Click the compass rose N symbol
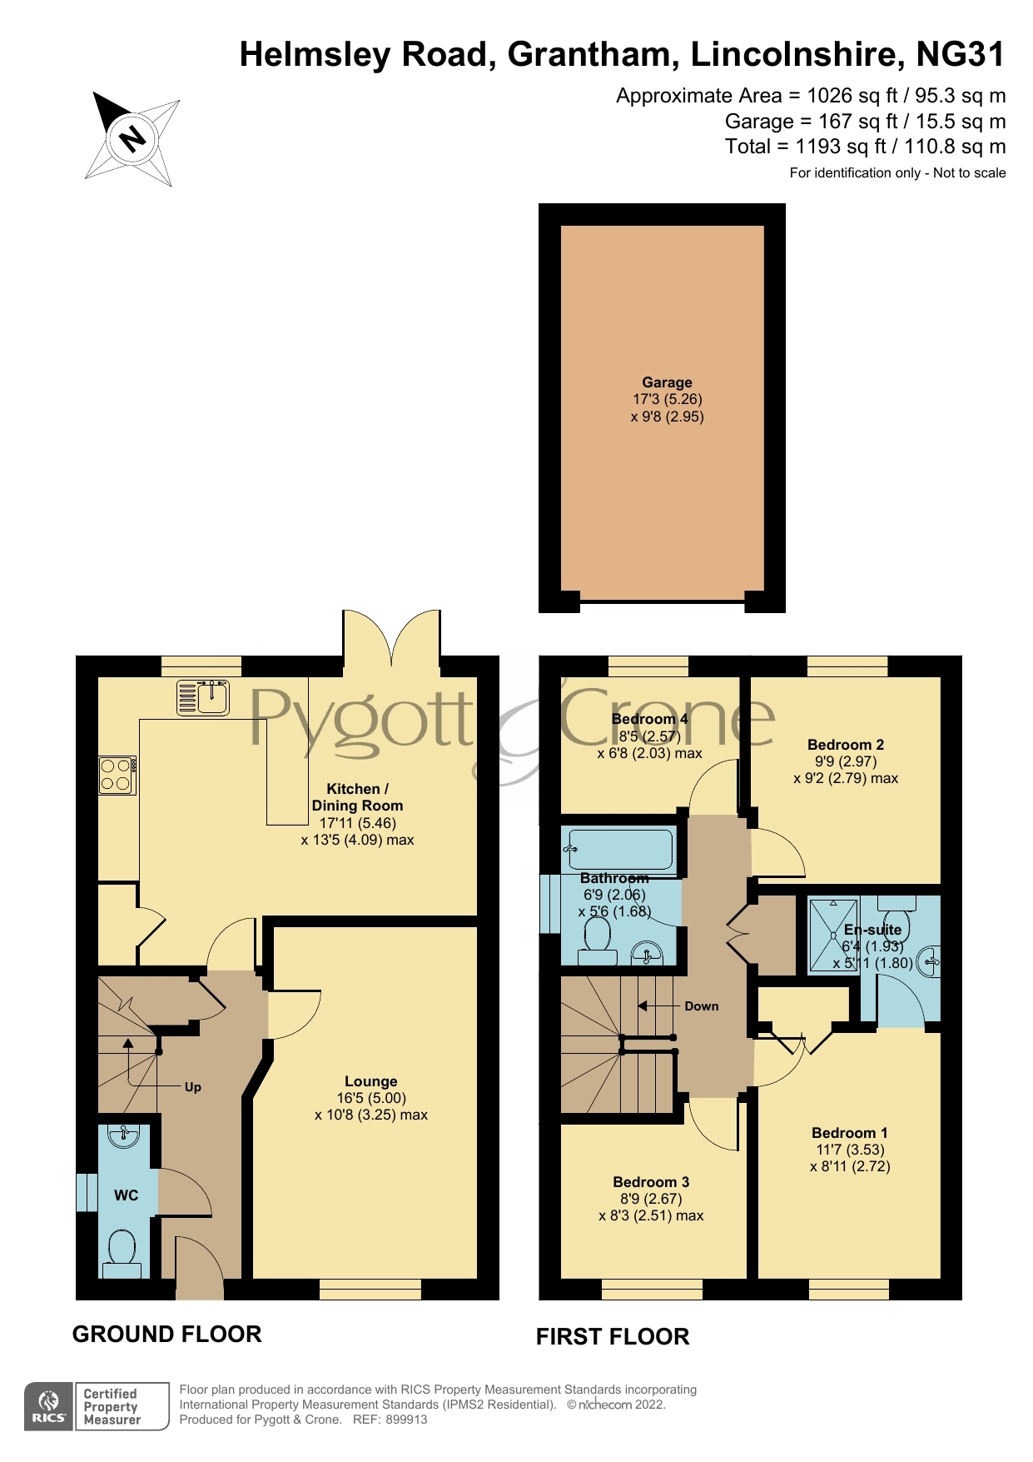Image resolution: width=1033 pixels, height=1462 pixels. (x=132, y=138)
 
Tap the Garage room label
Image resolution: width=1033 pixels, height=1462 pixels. (x=667, y=382)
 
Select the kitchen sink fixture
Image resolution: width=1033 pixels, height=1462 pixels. (x=202, y=697)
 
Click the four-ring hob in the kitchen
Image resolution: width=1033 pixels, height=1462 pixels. (x=117, y=775)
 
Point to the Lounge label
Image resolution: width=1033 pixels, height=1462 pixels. (x=371, y=1081)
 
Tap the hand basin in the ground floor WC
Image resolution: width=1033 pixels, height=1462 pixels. (x=124, y=1135)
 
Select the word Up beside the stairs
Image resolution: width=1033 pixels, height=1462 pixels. (x=193, y=1087)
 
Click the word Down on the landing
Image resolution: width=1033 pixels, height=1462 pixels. (x=702, y=1006)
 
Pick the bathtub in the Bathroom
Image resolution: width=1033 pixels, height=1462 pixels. (x=619, y=849)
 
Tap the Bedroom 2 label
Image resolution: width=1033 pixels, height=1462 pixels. (x=846, y=745)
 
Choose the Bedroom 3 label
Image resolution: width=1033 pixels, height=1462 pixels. (x=651, y=1182)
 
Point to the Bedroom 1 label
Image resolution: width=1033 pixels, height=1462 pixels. (x=850, y=1133)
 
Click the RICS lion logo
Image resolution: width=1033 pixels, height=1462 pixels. (x=49, y=1400)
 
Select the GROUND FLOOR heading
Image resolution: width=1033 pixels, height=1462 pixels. (x=167, y=1334)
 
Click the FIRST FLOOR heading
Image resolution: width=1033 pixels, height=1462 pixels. (x=613, y=1336)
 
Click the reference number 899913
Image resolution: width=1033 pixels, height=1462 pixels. (x=406, y=1420)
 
